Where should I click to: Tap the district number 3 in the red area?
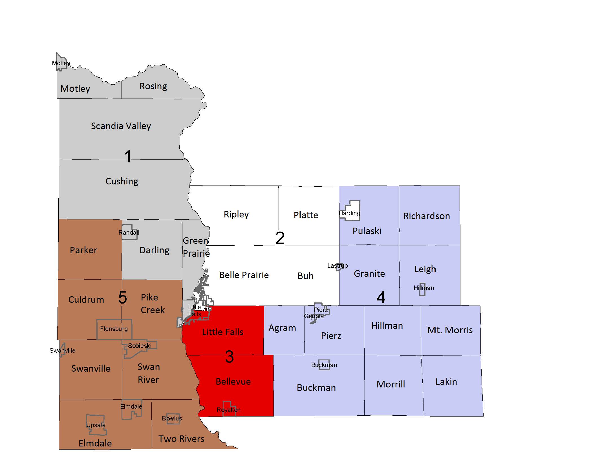click(230, 357)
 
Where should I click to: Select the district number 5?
click(123, 297)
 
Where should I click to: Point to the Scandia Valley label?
click(121, 126)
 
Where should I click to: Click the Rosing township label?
click(153, 86)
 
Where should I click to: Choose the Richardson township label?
click(427, 216)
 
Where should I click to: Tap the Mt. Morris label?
click(450, 330)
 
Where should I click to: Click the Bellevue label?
click(233, 382)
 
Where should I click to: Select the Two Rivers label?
click(181, 439)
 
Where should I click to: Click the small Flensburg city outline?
click(114, 329)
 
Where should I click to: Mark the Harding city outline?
click(350, 211)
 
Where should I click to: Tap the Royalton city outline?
click(229, 409)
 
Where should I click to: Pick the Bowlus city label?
click(172, 418)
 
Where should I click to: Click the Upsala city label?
click(96, 425)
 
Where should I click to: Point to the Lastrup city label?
click(337, 266)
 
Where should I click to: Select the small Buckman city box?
click(324, 365)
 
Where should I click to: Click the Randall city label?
click(129, 233)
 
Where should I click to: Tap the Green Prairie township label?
click(196, 247)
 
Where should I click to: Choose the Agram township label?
click(282, 328)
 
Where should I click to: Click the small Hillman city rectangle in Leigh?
click(422, 289)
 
